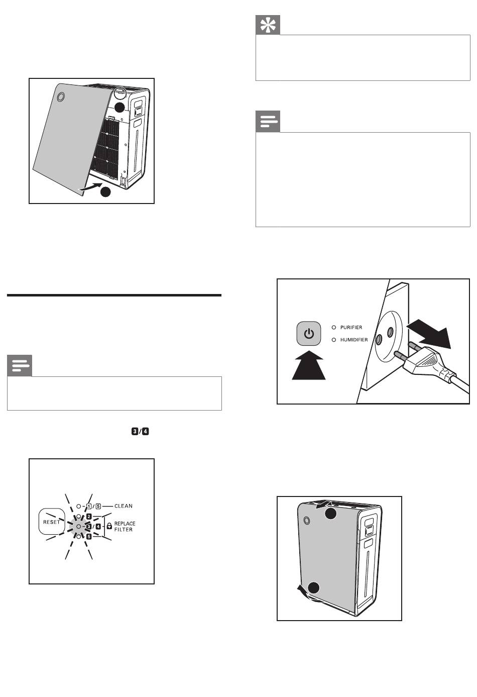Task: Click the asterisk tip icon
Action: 268,25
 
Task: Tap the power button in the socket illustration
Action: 308,334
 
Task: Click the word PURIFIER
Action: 351,327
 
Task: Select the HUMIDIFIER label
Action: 354,340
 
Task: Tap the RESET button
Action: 51,522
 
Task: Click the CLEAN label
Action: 124,506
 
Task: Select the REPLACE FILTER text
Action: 125,527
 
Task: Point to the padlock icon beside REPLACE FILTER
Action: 109,526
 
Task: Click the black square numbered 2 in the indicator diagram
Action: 89,517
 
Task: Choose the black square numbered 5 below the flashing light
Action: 89,536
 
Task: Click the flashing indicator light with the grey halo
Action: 79,526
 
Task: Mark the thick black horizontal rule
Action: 114,295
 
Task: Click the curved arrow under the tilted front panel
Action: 90,187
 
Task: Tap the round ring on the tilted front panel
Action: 61,97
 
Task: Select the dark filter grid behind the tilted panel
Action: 105,147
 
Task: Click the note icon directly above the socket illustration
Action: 268,121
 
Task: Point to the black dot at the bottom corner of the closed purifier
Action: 314,587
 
